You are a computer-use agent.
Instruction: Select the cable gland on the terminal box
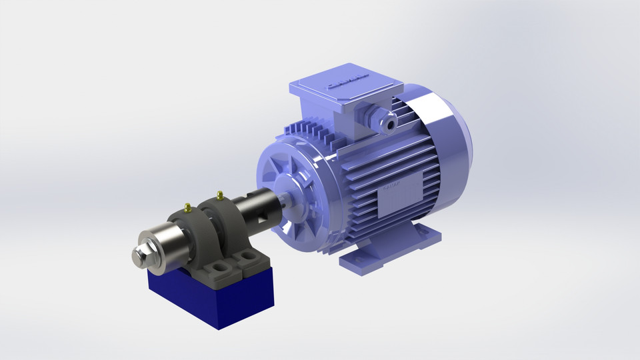385,119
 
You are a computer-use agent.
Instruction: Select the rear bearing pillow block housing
227,220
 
